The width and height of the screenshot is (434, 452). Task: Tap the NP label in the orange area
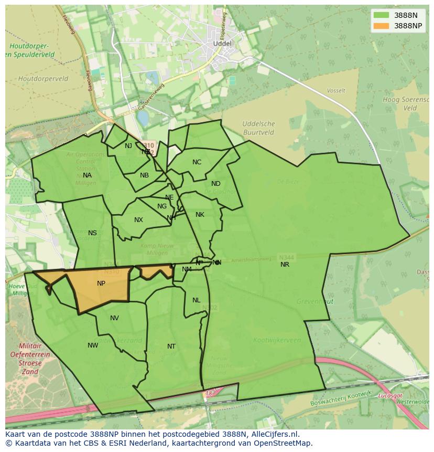click(x=101, y=283)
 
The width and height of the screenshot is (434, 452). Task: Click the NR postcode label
click(x=285, y=265)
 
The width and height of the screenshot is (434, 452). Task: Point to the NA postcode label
click(x=87, y=175)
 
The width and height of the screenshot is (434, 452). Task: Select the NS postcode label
click(x=92, y=233)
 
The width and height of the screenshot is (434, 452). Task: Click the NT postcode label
click(x=171, y=346)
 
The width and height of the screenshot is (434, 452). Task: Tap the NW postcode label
click(x=93, y=345)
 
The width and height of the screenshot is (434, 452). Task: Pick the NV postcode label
click(x=114, y=318)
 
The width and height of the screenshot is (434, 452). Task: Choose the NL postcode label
click(x=196, y=300)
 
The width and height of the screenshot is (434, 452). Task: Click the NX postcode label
click(x=138, y=220)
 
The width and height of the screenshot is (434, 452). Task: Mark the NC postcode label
click(x=197, y=162)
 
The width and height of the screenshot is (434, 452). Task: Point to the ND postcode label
click(x=216, y=184)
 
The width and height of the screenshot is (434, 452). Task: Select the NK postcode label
click(x=200, y=215)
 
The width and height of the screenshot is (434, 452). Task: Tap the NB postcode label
click(x=144, y=175)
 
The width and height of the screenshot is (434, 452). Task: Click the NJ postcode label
click(x=128, y=146)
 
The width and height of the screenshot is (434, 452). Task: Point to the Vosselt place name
click(x=336, y=91)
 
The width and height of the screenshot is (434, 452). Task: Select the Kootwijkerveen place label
click(x=277, y=340)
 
